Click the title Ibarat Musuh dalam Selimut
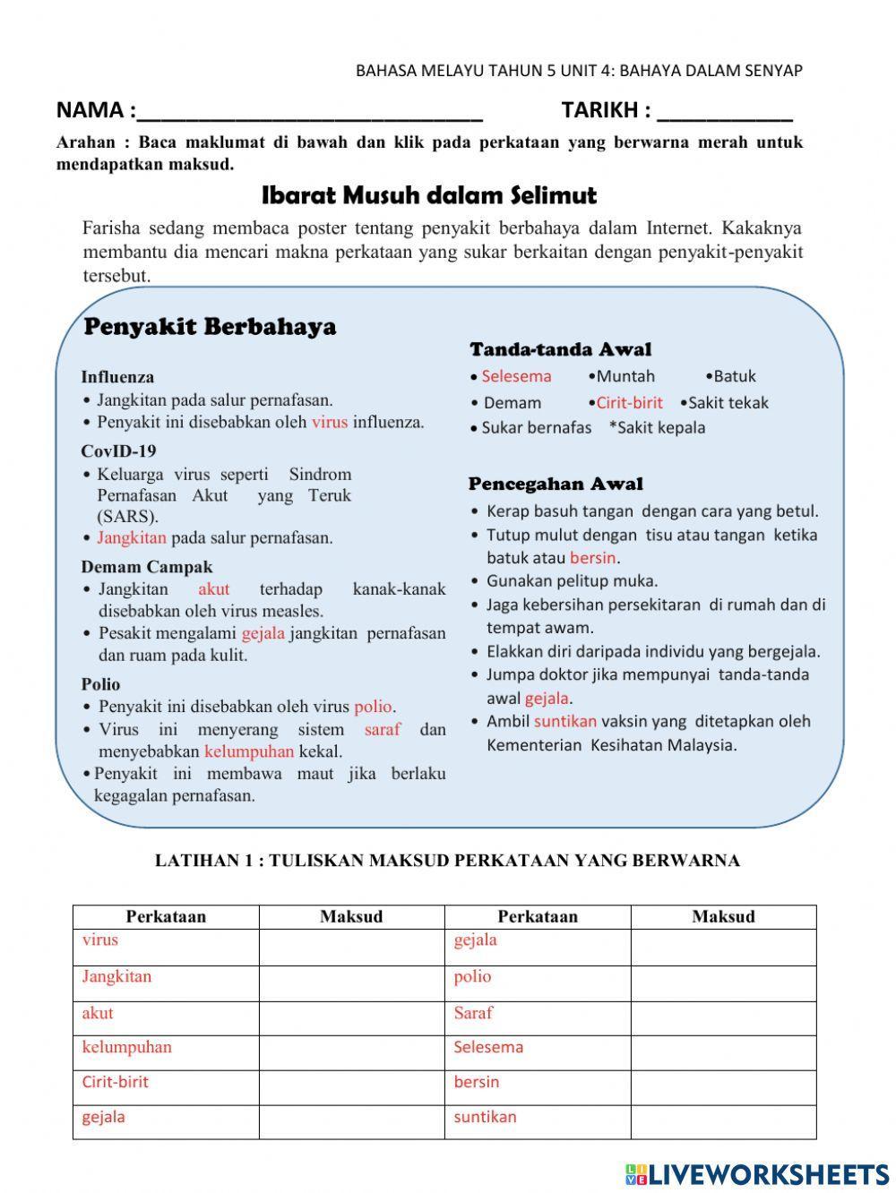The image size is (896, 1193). pyautogui.click(x=429, y=195)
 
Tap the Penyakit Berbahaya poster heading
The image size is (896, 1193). pyautogui.click(x=210, y=327)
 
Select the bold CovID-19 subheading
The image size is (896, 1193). pyautogui.click(x=118, y=451)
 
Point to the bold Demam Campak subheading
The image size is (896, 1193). pyautogui.click(x=147, y=567)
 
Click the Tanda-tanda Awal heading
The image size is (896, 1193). pyautogui.click(x=560, y=349)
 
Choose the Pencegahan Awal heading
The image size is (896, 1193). pyautogui.click(x=556, y=485)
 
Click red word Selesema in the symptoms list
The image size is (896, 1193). pyautogui.click(x=516, y=376)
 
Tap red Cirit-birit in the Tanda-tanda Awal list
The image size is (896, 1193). pyautogui.click(x=629, y=403)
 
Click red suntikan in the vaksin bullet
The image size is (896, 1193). pyautogui.click(x=565, y=721)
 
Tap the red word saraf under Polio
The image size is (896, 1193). pyautogui.click(x=383, y=729)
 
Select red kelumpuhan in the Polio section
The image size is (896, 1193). pyautogui.click(x=249, y=751)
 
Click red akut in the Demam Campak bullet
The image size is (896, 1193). pyautogui.click(x=214, y=589)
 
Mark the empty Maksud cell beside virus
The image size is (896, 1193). pyautogui.click(x=351, y=947)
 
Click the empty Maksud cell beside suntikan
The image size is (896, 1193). pyautogui.click(x=723, y=1122)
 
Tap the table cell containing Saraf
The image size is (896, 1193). pyautogui.click(x=538, y=1018)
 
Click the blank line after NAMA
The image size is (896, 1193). pyautogui.click(x=310, y=112)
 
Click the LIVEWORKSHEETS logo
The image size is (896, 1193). pyautogui.click(x=757, y=1174)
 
